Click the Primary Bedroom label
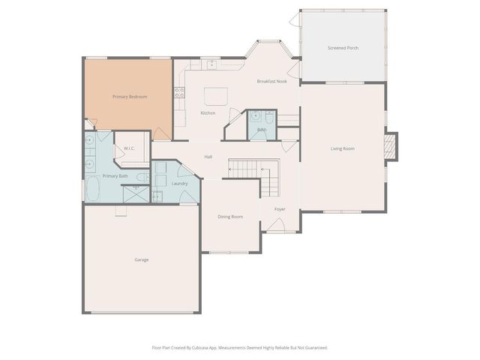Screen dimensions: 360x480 [x=129, y=97]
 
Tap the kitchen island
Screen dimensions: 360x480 [x=216, y=95]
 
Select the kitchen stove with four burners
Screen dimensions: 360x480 [x=179, y=93]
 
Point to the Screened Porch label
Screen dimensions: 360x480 [x=343, y=48]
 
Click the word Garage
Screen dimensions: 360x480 [x=142, y=259]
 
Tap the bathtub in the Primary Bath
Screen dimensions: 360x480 [x=93, y=189]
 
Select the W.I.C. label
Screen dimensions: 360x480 [x=128, y=148]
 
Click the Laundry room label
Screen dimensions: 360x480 [x=179, y=183]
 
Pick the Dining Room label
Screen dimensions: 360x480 [x=230, y=217]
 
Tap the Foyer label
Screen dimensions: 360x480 [x=280, y=209]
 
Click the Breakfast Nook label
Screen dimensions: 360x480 [x=272, y=81]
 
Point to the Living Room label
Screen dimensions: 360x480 [x=343, y=148]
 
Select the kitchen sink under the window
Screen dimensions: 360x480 [x=212, y=64]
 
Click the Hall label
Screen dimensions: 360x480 [x=208, y=156]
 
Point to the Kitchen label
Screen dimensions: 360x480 [x=208, y=113]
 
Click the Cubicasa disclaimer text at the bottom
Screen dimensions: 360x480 [x=240, y=347]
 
